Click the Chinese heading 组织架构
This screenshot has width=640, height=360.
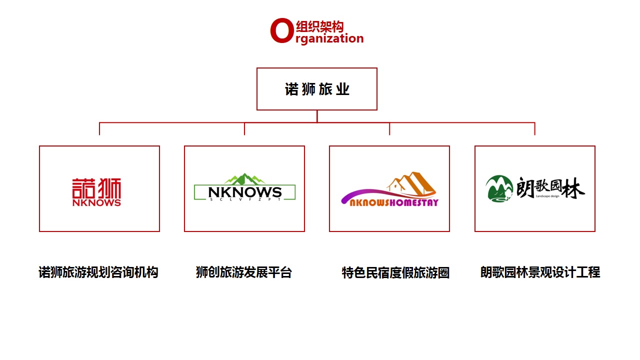coord(319,27)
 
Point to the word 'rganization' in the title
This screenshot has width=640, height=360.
coord(329,38)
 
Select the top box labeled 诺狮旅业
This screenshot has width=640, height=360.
coord(317,89)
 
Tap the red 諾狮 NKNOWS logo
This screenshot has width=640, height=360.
coord(96,191)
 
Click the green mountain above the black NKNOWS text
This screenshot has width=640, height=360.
coord(244,179)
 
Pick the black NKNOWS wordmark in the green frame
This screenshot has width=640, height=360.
coord(245,192)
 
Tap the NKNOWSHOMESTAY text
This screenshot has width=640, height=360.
coord(394,202)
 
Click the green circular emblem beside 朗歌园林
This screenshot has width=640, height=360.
coord(499,188)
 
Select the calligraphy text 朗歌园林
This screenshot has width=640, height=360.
coord(550,187)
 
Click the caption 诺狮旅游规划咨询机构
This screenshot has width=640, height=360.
coord(98,272)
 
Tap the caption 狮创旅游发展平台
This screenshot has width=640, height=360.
coord(243,272)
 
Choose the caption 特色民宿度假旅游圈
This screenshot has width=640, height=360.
coord(395,272)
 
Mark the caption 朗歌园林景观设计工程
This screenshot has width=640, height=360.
coord(540,272)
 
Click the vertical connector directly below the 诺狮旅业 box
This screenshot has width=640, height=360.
coord(317,116)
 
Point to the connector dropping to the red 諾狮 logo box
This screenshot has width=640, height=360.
coord(99,129)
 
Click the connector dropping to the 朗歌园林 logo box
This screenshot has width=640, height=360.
coord(535,129)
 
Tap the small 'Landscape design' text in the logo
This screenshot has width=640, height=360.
coord(547,196)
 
